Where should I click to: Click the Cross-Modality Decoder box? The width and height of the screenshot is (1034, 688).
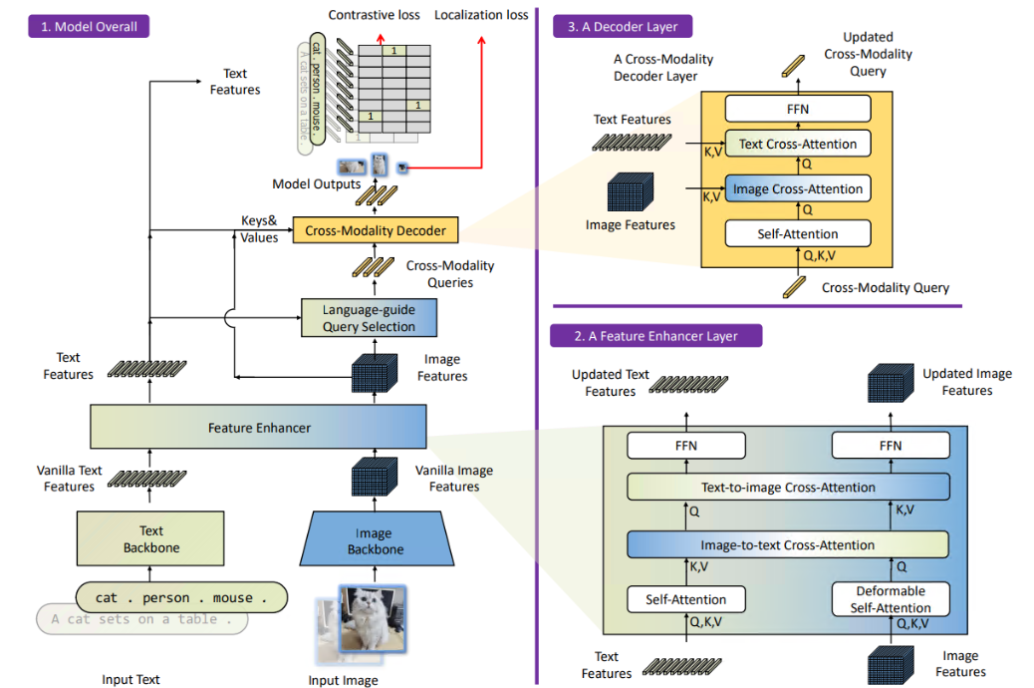point(376,230)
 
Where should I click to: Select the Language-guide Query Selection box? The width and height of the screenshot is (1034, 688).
point(370,318)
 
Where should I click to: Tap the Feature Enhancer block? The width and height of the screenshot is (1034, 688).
point(259,427)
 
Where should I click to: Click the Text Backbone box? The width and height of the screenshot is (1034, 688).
point(150,538)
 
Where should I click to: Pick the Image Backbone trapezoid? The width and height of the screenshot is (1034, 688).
point(377,538)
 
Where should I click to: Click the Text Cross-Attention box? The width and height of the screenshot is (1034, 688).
point(798,144)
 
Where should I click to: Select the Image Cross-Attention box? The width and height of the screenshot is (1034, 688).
point(798,188)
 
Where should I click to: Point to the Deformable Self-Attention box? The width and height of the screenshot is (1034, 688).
point(891,599)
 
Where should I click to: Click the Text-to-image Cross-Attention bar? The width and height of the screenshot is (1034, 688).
point(789,488)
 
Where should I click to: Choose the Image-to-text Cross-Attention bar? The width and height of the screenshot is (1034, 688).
point(788,544)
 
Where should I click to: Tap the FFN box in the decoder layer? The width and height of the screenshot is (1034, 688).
point(798,109)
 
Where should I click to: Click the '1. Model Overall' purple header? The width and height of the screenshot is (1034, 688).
point(89,26)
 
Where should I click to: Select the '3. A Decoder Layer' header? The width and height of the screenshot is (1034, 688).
point(623,26)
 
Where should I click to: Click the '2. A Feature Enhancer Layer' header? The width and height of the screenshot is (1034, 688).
point(656,335)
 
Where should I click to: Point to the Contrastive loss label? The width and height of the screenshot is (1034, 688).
point(374,15)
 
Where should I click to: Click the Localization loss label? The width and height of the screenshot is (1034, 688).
point(481,15)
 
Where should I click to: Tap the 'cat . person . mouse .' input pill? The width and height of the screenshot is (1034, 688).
point(181,597)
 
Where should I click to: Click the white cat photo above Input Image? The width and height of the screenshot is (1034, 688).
point(372,618)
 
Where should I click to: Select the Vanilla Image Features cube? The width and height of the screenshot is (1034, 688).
point(375,476)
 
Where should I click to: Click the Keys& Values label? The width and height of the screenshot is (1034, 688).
point(259,229)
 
